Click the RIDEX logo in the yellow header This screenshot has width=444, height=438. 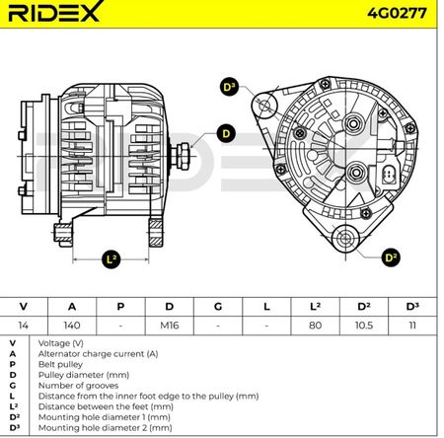54,12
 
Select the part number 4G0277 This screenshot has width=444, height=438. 397,13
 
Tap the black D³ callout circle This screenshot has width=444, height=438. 229,87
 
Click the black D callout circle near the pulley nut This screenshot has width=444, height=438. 226,134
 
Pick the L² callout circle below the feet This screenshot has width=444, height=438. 111,259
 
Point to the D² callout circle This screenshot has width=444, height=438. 391,257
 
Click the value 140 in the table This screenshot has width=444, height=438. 72,326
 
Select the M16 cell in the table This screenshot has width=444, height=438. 169,326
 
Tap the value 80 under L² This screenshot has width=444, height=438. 315,326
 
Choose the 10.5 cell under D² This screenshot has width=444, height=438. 364,326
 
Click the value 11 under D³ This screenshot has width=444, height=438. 412,326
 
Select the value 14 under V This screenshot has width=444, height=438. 23,326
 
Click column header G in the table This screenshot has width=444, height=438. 218,307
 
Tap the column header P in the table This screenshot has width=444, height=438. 120,307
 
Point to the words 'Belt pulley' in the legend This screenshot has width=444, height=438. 60,364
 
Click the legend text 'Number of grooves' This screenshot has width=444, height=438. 78,386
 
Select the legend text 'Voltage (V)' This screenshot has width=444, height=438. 61,343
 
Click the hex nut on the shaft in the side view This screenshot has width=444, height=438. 183,156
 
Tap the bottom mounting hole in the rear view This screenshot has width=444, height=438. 345,238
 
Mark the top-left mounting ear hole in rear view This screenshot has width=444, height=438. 264,106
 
